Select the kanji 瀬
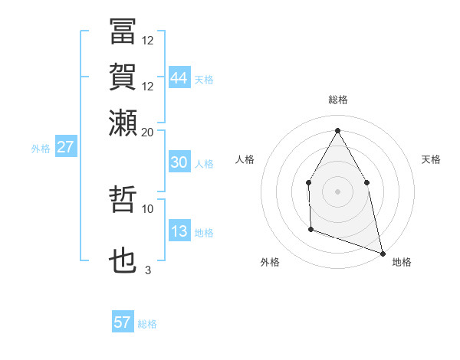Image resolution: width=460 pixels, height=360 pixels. (123, 122)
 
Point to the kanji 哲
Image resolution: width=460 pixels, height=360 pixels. (123, 200)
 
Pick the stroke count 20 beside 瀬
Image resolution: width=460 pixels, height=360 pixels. (148, 132)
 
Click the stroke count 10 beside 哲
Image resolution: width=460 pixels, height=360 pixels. (148, 208)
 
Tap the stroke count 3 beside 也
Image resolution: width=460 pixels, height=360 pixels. (148, 270)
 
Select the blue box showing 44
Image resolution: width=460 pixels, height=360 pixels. (179, 77)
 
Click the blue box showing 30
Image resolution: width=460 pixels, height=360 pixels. (179, 162)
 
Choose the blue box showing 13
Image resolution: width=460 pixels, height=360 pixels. (179, 232)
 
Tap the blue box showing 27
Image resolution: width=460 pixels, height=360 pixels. (65, 147)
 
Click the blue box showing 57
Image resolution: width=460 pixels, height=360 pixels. (123, 322)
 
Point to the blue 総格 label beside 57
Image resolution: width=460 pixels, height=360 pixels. (147, 324)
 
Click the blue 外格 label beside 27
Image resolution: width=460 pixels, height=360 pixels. (40, 149)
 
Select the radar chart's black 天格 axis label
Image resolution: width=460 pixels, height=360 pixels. (431, 159)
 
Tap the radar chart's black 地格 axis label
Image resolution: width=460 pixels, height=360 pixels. (402, 262)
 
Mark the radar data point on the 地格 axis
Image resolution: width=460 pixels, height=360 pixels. (382, 252)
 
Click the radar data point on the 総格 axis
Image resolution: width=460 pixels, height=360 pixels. (337, 130)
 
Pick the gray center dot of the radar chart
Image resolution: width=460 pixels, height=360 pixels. (337, 191)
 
